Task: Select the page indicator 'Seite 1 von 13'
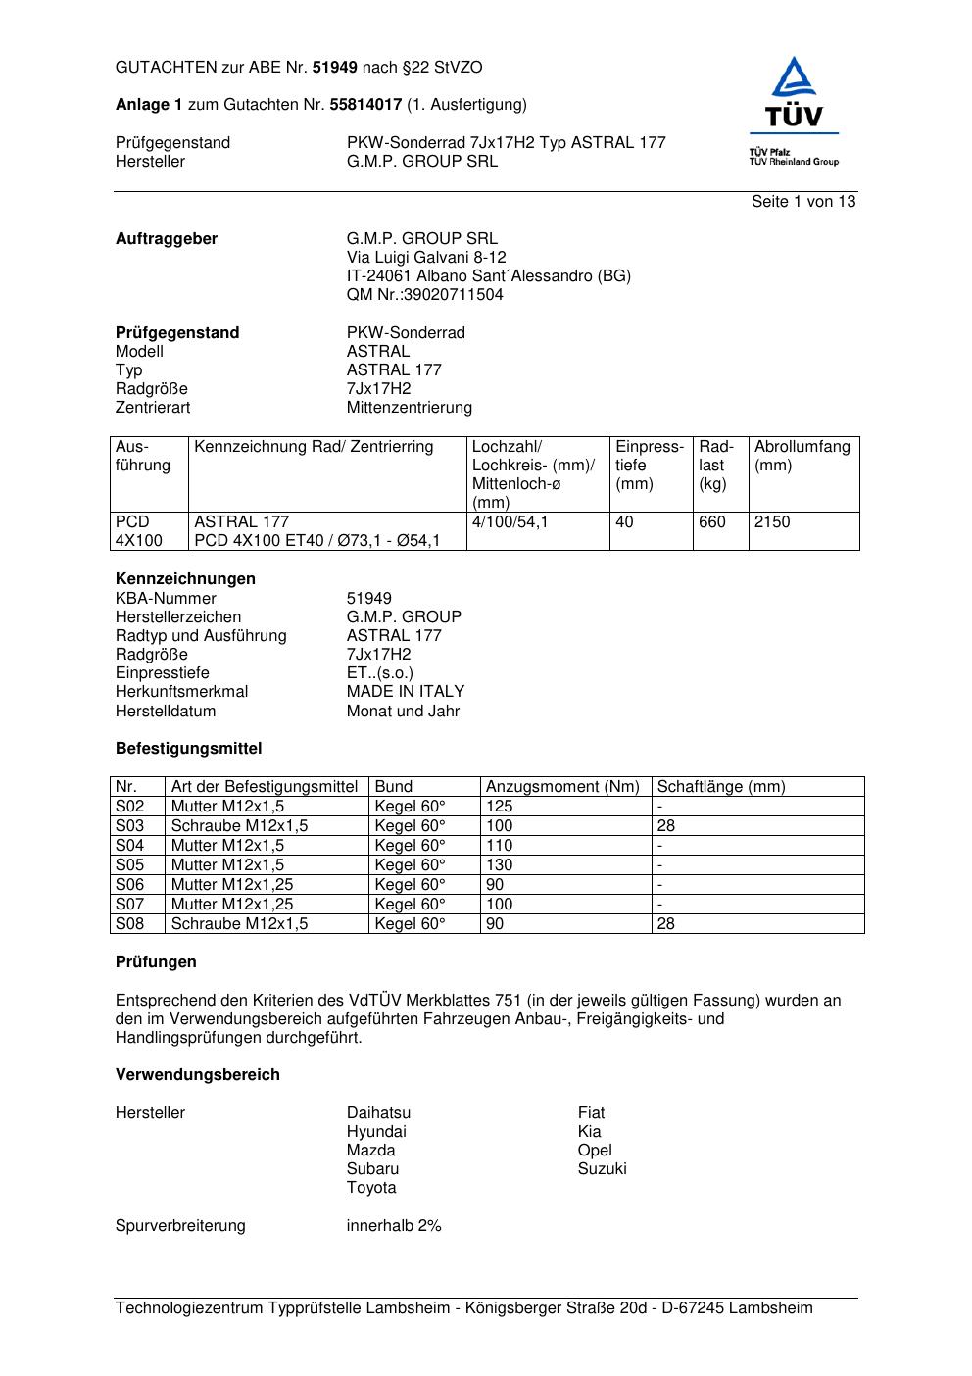tap(802, 202)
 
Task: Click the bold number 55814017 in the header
tap(365, 105)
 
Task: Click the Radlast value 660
tap(712, 522)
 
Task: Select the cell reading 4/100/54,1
tap(510, 522)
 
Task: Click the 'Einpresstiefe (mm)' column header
tap(650, 466)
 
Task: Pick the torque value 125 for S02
tap(499, 807)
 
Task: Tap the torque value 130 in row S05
tap(499, 865)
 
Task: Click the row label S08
tap(129, 924)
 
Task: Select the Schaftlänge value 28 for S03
tap(665, 826)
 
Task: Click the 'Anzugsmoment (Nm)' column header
tap(562, 787)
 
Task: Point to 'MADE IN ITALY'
tap(405, 692)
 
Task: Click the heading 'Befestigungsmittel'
tap(188, 749)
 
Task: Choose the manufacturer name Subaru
tap(372, 1169)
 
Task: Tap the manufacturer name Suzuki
tap(602, 1169)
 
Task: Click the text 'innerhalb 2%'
tap(393, 1226)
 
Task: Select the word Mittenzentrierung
tap(409, 408)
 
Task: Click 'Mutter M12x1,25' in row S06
tap(232, 885)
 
